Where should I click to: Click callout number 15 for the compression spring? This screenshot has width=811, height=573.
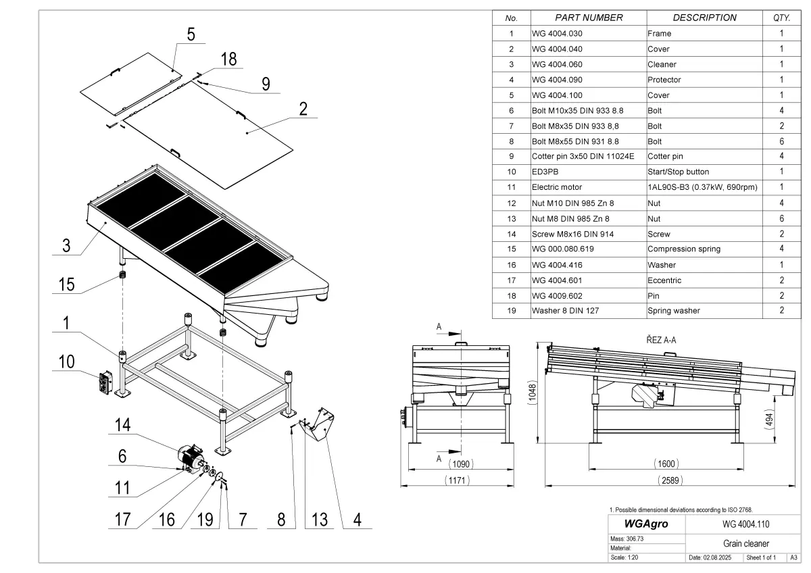[67, 284]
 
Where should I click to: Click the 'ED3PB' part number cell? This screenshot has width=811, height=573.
[545, 172]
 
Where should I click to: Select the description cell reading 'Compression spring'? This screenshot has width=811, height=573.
[684, 249]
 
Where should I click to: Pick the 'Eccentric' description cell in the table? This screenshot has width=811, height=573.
[664, 280]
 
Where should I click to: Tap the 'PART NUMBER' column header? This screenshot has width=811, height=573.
[589, 18]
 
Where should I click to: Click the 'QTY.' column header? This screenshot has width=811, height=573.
[781, 18]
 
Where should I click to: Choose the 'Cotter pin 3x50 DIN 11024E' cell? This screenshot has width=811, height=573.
[583, 156]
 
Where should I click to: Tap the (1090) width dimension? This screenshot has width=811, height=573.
[462, 464]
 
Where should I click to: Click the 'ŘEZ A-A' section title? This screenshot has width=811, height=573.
[656, 340]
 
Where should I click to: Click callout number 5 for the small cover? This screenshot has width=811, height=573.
[191, 34]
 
